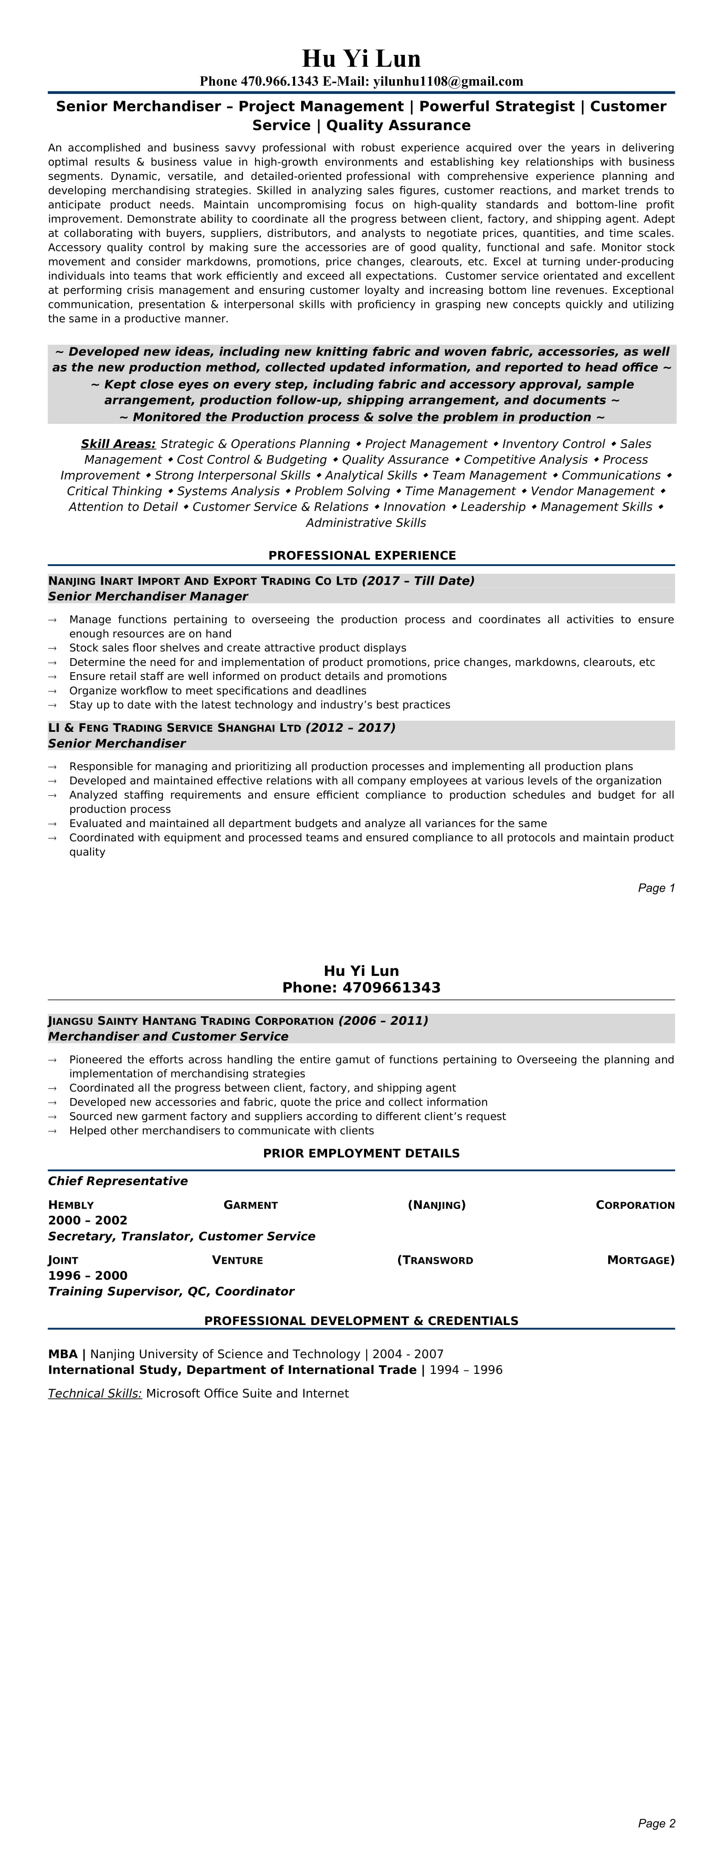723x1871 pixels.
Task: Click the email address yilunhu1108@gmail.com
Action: click(x=448, y=81)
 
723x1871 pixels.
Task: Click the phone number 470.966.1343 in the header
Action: click(x=280, y=81)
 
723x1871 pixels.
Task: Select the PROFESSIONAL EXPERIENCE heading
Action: click(x=362, y=556)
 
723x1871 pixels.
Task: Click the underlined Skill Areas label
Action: click(x=118, y=444)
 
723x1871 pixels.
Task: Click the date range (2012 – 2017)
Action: click(x=350, y=728)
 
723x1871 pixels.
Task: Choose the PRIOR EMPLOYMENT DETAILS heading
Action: click(x=361, y=1153)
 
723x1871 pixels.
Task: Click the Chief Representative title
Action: click(x=118, y=1181)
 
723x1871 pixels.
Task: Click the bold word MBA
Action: click(x=63, y=1354)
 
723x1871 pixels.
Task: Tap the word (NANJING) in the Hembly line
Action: click(x=437, y=1205)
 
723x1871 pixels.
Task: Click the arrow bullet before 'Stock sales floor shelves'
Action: click(x=52, y=648)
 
